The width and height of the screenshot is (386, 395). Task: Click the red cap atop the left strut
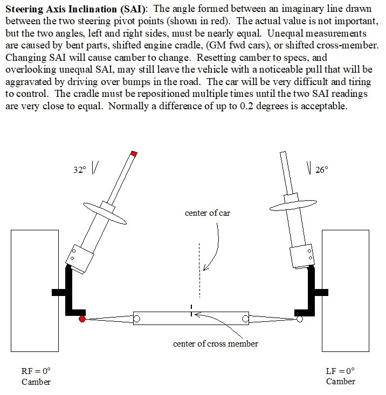[134, 153]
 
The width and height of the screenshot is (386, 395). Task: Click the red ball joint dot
[82, 319]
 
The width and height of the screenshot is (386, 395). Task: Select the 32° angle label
[80, 170]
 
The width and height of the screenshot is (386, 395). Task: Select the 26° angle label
[321, 170]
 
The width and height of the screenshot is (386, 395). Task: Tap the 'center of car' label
[208, 213]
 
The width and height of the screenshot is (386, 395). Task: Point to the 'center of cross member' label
[207, 344]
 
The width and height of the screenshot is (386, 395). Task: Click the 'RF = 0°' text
[36, 371]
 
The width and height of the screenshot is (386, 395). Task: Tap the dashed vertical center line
[200, 269]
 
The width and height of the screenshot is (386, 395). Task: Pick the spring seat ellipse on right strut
[292, 204]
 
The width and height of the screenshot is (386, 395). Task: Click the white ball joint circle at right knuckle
[300, 319]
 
